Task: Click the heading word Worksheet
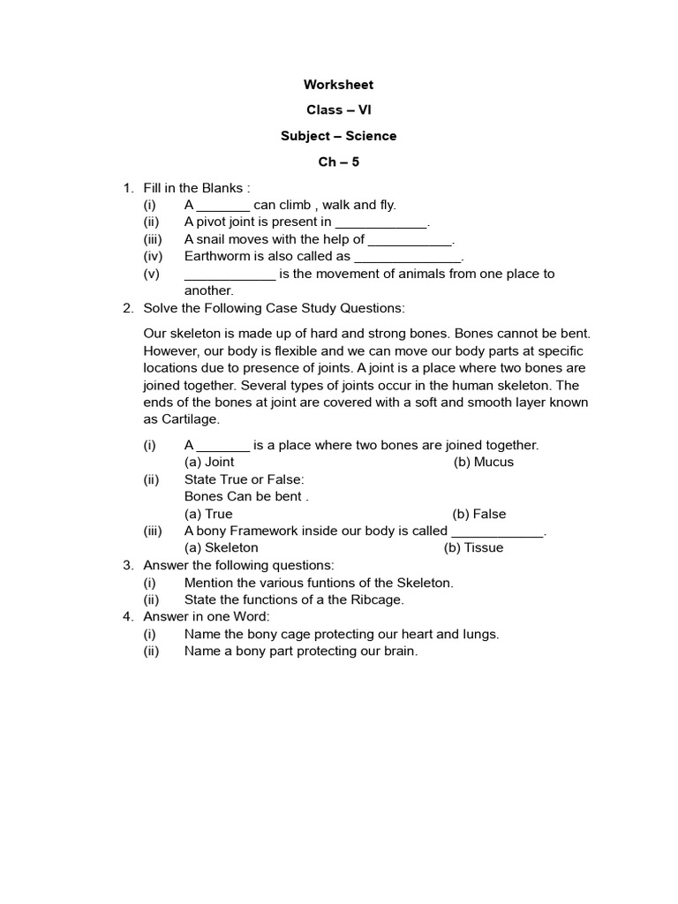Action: click(338, 85)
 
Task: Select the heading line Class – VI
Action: click(338, 110)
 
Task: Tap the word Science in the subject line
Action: click(372, 136)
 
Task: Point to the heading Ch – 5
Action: click(338, 162)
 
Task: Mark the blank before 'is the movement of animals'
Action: click(230, 275)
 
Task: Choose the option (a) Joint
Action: click(209, 462)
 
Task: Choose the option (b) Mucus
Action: click(483, 462)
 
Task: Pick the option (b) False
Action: click(479, 514)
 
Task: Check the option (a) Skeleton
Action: click(221, 547)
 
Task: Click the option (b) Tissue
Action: click(473, 547)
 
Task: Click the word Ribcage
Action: click(375, 599)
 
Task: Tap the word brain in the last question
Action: click(398, 652)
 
